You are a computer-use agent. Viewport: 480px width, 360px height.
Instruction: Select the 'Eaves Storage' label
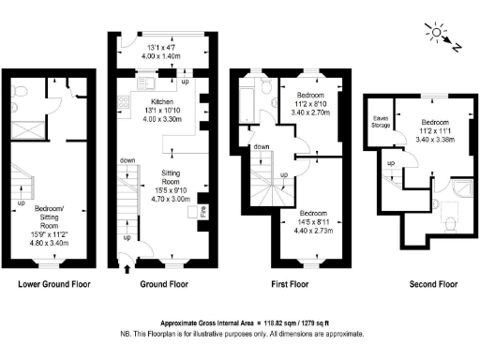[x=381, y=120]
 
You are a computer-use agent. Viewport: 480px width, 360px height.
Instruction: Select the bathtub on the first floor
[x=247, y=99]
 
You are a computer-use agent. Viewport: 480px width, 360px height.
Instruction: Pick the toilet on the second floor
[x=448, y=222]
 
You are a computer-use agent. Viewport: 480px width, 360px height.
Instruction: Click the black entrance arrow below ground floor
[x=127, y=269]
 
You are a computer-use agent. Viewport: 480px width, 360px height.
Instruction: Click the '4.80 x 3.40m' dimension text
[x=56, y=244]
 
